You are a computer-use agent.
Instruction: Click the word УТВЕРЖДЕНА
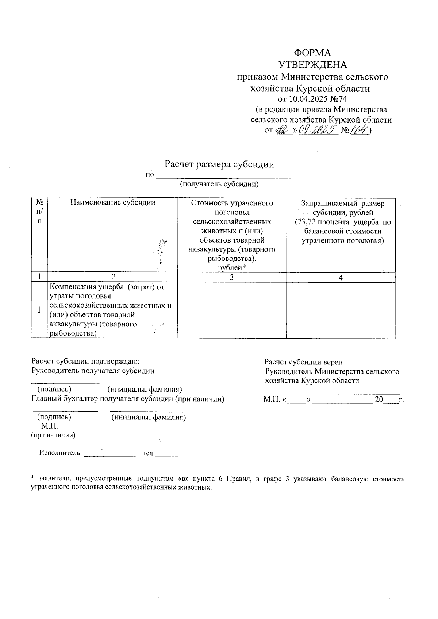click(x=312, y=65)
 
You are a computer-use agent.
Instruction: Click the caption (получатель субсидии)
click(x=219, y=184)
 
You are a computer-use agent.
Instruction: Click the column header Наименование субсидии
click(x=112, y=203)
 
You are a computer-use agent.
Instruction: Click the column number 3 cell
click(x=231, y=278)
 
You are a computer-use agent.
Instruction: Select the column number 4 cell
click(x=341, y=278)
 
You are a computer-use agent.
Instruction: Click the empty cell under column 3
click(x=231, y=310)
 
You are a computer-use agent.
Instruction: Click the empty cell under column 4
click(x=341, y=310)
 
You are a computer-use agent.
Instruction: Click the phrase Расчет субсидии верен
click(x=303, y=362)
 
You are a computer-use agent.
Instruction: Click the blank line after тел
click(x=184, y=454)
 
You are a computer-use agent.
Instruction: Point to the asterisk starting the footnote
click(x=32, y=478)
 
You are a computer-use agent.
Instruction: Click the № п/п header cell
click(x=39, y=212)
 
